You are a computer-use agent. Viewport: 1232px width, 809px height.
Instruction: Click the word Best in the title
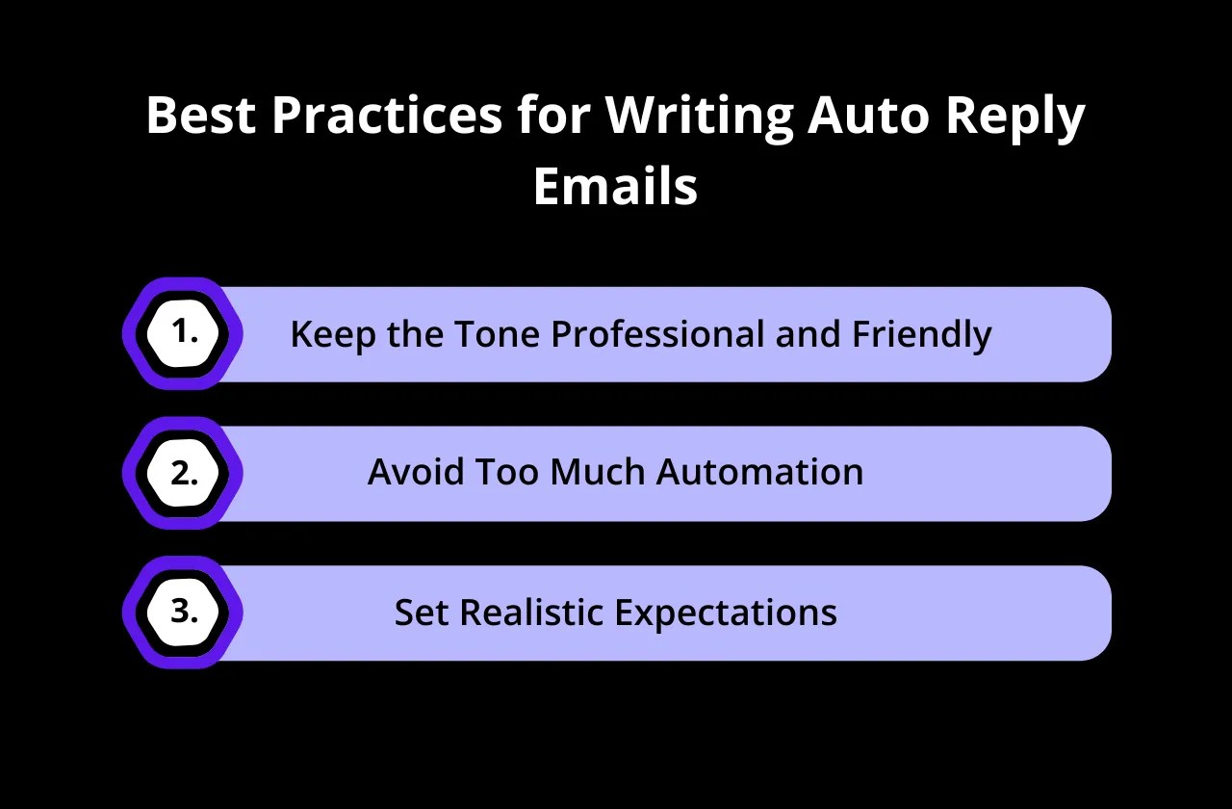[201, 115]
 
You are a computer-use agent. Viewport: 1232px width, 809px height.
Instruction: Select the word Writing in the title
[699, 118]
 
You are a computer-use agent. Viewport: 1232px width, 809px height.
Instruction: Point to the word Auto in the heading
[868, 115]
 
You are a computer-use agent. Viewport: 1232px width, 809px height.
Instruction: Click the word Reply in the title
[1015, 118]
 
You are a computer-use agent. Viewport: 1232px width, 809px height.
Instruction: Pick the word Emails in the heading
[615, 186]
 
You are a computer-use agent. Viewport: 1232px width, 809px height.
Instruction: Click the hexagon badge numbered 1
[183, 333]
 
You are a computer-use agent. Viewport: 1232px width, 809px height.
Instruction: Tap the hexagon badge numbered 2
[183, 473]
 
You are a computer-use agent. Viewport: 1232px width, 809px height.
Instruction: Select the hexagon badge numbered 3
[183, 612]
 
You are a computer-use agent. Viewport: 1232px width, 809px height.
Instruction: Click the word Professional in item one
[657, 333]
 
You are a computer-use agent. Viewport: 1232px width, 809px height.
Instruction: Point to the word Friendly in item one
[922, 334]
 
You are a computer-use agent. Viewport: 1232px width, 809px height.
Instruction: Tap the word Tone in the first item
[498, 333]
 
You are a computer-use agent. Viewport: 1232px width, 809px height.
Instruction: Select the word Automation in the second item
[759, 472]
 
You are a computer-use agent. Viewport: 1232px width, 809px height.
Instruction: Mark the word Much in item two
[598, 472]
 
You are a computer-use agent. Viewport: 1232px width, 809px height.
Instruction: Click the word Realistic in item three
[531, 612]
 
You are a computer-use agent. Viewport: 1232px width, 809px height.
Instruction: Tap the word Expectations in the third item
[726, 613]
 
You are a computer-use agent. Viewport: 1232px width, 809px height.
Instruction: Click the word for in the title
[553, 115]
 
